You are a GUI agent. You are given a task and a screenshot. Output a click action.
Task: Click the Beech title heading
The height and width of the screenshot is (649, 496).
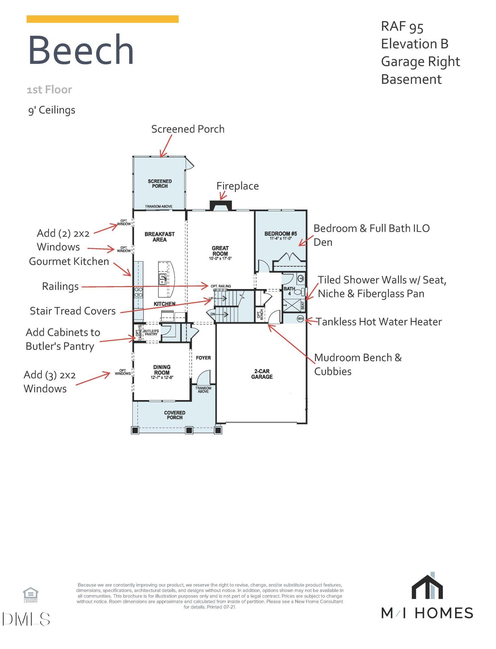[81, 50]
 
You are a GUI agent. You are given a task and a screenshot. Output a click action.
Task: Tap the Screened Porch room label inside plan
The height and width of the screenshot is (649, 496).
[160, 184]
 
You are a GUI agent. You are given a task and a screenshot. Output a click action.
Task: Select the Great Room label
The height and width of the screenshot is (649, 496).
[220, 251]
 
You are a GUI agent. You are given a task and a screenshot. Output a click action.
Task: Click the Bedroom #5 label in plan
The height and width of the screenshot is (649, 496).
[281, 234]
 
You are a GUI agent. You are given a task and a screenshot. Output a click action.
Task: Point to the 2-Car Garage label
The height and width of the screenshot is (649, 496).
[262, 374]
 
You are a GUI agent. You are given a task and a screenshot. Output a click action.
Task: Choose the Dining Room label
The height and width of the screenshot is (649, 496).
[162, 370]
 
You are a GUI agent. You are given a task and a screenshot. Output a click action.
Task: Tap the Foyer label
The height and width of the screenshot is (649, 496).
[203, 358]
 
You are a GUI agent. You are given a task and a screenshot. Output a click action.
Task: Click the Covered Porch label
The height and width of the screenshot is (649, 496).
[175, 415]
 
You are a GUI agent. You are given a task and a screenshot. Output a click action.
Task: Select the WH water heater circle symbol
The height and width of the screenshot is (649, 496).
[300, 319]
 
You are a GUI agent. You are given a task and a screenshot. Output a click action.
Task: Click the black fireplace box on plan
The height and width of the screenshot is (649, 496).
[221, 205]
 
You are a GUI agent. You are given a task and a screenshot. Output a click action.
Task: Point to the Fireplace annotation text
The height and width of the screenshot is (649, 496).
[237, 186]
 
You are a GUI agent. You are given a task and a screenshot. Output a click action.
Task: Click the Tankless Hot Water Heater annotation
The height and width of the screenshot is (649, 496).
[379, 322]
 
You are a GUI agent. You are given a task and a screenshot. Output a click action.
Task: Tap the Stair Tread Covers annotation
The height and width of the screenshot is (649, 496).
[73, 311]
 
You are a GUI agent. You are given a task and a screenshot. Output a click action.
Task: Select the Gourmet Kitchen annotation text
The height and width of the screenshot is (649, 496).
[69, 261]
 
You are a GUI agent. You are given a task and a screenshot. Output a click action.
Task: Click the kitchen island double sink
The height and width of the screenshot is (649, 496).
[163, 279]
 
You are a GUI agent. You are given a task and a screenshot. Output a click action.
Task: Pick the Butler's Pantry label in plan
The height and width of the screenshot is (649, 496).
[151, 332]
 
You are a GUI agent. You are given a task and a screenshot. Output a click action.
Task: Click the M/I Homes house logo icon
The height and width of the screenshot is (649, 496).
[427, 587]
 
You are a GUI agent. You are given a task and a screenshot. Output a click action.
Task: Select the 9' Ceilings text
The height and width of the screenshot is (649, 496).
[52, 110]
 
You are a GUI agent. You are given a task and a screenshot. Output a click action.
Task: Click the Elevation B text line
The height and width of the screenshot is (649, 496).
[415, 44]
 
